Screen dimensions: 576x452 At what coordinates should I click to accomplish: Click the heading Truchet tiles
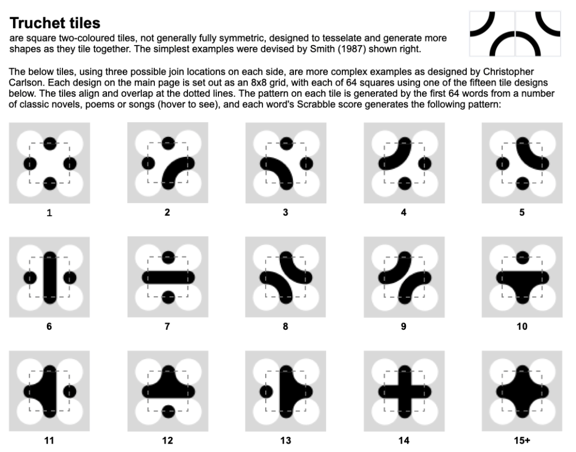[55, 23]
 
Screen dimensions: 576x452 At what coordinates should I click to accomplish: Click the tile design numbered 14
[404, 391]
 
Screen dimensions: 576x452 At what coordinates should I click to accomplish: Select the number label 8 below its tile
[285, 326]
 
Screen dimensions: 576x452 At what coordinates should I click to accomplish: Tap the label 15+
[522, 440]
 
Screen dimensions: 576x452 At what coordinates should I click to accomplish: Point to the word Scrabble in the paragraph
[313, 104]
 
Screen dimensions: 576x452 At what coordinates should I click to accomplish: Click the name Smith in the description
[322, 49]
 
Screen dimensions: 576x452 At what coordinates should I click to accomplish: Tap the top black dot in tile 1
[50, 144]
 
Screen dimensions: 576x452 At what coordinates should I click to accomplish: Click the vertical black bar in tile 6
[50, 278]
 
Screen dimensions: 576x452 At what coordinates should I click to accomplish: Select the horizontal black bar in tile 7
[168, 278]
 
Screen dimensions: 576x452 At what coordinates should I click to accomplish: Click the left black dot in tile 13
[266, 392]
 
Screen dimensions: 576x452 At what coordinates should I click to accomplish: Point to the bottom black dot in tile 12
[168, 411]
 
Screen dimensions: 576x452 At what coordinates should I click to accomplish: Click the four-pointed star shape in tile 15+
[523, 392]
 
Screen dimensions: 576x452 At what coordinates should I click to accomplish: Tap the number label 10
[522, 326]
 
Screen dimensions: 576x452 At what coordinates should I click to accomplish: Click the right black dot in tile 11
[70, 391]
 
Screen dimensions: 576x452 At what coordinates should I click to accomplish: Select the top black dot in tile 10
[523, 257]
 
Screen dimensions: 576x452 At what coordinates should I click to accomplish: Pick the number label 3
[285, 212]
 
